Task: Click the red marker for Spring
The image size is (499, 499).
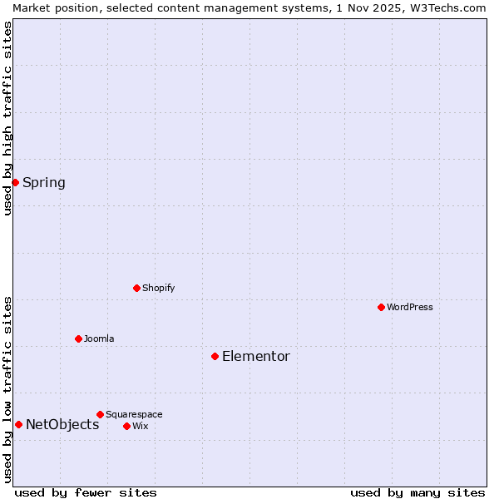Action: pyautogui.click(x=15, y=182)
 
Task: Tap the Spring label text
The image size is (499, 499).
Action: pyautogui.click(x=43, y=183)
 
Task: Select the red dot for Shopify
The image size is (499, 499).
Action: pyautogui.click(x=136, y=288)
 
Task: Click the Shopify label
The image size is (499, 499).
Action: pyautogui.click(x=158, y=289)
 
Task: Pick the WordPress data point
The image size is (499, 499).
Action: pyautogui.click(x=381, y=307)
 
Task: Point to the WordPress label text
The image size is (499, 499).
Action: pyautogui.click(x=409, y=308)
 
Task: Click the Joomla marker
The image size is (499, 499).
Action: pyautogui.click(x=78, y=338)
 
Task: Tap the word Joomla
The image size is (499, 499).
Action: pyautogui.click(x=99, y=339)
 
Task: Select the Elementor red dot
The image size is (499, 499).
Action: pyautogui.click(x=215, y=356)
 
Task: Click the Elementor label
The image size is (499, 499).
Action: pyautogui.click(x=255, y=357)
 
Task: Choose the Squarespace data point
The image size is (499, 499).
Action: pyautogui.click(x=100, y=414)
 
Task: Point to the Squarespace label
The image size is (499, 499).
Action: pyautogui.click(x=134, y=415)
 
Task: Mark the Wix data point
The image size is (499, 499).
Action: pyautogui.click(x=126, y=426)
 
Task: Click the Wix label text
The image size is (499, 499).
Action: pyautogui.click(x=140, y=427)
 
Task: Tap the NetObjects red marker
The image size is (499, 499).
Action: pyautogui.click(x=18, y=424)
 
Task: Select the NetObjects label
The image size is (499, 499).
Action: pyautogui.click(x=62, y=425)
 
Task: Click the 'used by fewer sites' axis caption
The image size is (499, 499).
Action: pyautogui.click(x=86, y=492)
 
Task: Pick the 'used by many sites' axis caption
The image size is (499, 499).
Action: pyautogui.click(x=417, y=492)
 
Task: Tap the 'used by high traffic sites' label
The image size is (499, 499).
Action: pyautogui.click(x=7, y=118)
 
